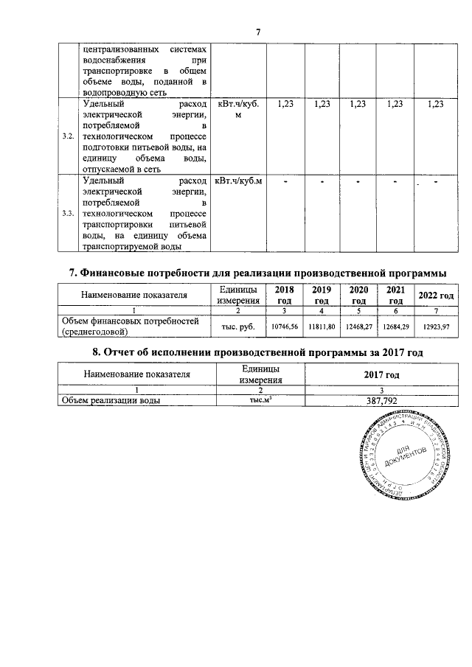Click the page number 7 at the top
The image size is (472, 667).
[x=258, y=32]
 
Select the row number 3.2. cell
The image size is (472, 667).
[x=68, y=137]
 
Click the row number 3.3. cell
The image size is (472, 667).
[x=68, y=213]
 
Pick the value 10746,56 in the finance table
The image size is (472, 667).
[x=283, y=325]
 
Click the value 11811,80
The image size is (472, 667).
[x=321, y=325]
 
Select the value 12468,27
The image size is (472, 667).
[x=358, y=325]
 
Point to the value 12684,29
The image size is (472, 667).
[x=395, y=325]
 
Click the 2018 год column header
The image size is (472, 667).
[x=283, y=295]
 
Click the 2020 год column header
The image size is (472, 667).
[x=358, y=295]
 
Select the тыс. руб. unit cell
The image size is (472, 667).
[x=237, y=325]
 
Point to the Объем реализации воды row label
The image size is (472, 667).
[x=111, y=400]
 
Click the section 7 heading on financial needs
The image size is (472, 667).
[x=257, y=273]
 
